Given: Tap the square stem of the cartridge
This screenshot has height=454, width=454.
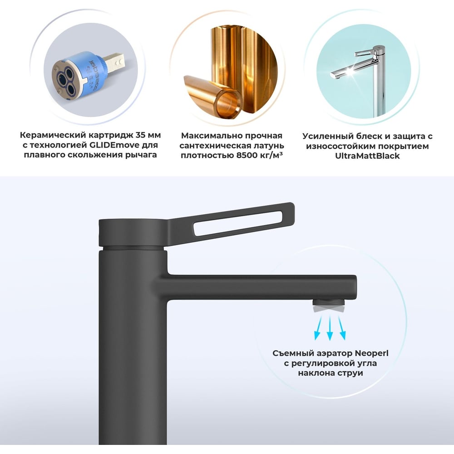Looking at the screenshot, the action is pyautogui.click(x=114, y=60).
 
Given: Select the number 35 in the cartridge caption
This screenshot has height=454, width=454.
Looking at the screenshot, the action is pyautogui.click(x=140, y=135).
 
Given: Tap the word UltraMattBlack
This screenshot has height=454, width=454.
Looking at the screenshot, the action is pyautogui.click(x=367, y=156).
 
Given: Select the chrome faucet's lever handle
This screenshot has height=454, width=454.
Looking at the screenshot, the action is pyautogui.click(x=366, y=53).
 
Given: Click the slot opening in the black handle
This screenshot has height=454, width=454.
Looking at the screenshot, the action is pyautogui.click(x=238, y=223).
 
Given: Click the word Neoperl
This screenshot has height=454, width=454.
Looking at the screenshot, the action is pyautogui.click(x=371, y=353).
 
